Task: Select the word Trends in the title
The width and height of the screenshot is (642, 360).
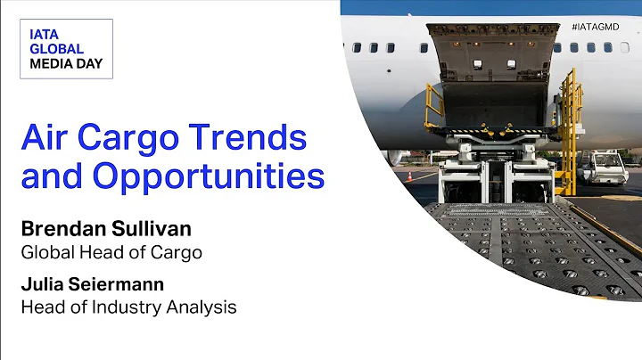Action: tap(258, 138)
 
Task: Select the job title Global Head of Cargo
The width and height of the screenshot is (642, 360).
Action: tap(111, 252)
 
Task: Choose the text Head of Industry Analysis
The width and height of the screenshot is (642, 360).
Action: tap(128, 307)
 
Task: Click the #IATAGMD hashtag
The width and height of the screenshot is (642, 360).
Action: tap(595, 27)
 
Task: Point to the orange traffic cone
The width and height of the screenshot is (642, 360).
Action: tap(410, 176)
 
